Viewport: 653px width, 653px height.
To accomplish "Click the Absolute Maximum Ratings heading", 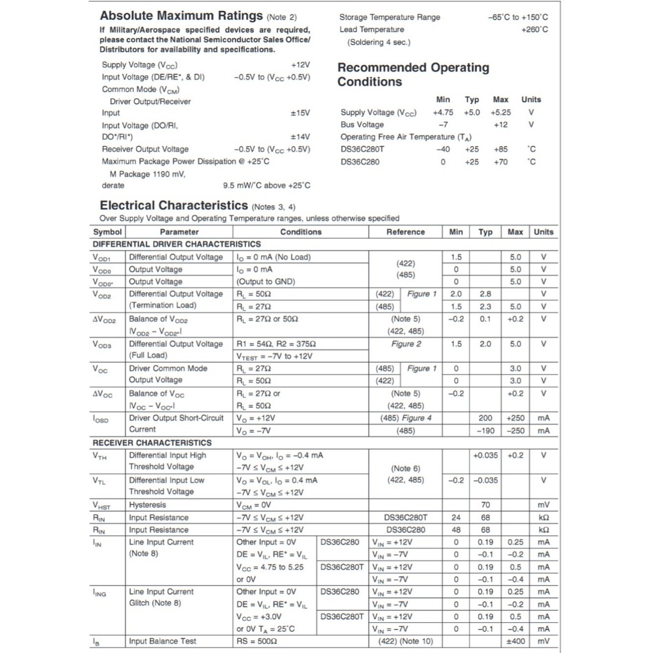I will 181,16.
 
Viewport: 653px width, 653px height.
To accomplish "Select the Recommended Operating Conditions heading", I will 413,75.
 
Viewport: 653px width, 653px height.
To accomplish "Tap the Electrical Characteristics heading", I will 173,205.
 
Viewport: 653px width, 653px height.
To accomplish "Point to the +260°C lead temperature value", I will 534,29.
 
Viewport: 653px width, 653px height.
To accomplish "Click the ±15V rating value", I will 300,113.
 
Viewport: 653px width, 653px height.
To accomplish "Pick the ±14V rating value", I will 300,137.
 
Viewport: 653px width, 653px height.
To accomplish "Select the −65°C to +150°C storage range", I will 517,17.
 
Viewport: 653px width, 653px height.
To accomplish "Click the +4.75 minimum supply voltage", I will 443,112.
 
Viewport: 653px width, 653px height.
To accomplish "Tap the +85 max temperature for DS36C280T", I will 501,149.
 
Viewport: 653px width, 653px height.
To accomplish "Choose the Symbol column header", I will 107,232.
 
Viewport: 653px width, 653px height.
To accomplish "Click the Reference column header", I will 405,232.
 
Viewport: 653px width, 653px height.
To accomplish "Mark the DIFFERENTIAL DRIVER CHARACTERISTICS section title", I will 177,244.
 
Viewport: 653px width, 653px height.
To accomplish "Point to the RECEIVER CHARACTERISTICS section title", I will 152,443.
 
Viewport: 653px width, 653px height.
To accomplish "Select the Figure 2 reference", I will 406,344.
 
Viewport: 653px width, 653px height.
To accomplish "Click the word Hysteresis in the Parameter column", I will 147,505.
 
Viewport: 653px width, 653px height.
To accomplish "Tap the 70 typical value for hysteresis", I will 485,505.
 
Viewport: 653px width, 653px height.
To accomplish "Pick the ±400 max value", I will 515,641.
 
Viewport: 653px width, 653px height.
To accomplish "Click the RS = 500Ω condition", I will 256,641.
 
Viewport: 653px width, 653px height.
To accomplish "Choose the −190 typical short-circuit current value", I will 485,430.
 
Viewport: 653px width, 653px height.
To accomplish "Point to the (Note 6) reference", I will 405,468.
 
